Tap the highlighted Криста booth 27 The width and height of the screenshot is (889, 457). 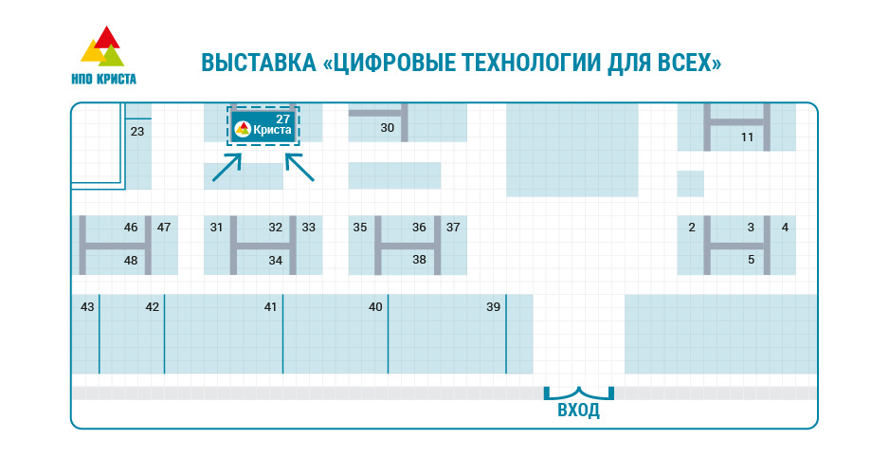tap(263, 124)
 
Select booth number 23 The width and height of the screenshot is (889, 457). tap(137, 132)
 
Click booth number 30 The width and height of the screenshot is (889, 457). tap(387, 127)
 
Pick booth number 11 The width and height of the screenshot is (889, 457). tap(747, 137)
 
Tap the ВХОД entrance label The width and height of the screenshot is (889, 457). tap(578, 411)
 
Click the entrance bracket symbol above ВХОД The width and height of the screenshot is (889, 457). tap(578, 392)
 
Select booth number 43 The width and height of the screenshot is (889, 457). tap(87, 306)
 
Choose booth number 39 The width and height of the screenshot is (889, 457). tap(493, 306)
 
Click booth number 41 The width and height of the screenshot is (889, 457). tap(270, 306)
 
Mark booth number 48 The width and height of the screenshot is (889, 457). tap(131, 260)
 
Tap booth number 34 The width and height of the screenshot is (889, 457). tap(275, 260)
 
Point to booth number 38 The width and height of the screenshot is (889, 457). tap(419, 259)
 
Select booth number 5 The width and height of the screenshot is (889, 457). tap(751, 259)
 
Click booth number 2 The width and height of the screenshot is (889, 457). tap(692, 227)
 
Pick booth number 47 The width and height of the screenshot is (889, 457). tap(164, 227)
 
